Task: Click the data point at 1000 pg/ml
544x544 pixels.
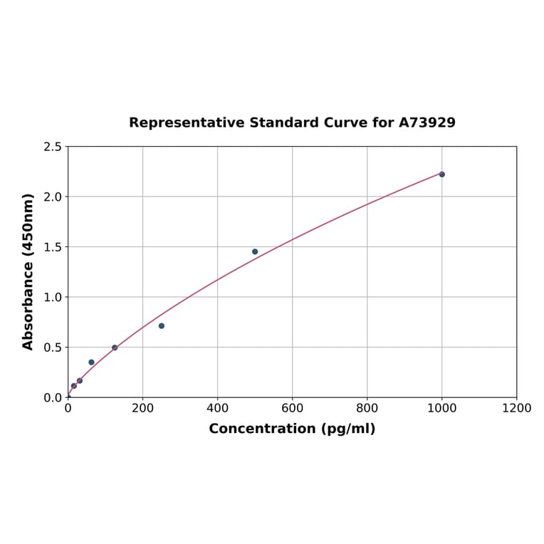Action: pos(441,174)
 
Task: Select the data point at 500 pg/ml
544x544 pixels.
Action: pos(255,251)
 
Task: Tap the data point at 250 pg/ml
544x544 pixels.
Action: pos(162,326)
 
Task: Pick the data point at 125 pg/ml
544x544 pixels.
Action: pos(115,347)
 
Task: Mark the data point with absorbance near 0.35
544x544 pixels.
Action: pos(91,362)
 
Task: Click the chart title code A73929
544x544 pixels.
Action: pos(427,122)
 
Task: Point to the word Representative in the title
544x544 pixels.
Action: pos(187,122)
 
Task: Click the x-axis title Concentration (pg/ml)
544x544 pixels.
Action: pos(292,429)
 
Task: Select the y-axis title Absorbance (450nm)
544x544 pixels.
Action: pos(28,271)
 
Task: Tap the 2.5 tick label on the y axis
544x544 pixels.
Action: pos(52,147)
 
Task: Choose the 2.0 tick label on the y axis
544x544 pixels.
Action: pos(52,197)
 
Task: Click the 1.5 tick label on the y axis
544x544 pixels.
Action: pos(52,247)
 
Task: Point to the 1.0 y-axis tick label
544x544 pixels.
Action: pos(52,297)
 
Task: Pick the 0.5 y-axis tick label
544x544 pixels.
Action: pos(52,347)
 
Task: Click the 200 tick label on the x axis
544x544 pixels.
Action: pos(142,408)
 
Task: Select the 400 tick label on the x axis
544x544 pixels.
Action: pos(217,408)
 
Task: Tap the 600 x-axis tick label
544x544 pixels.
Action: pos(292,408)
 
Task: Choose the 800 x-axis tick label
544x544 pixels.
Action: pos(367,408)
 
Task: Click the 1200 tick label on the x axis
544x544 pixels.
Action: pos(516,408)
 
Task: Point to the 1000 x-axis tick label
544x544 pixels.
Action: pos(441,408)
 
